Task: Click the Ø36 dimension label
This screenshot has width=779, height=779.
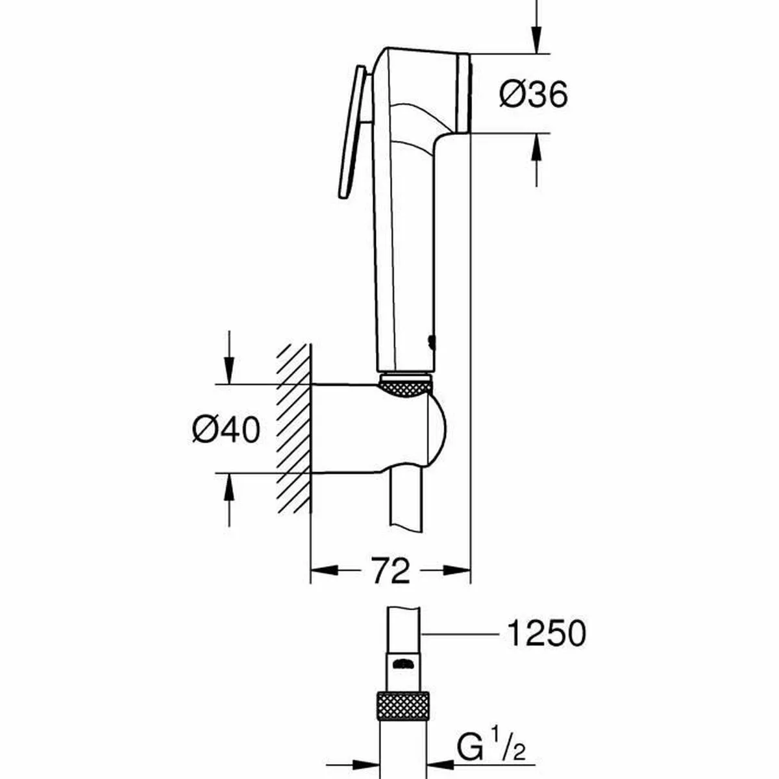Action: click(x=533, y=95)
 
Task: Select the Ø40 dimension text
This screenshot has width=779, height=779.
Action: click(x=226, y=429)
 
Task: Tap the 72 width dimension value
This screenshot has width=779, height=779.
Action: click(x=391, y=571)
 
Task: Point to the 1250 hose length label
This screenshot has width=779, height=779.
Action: click(x=546, y=633)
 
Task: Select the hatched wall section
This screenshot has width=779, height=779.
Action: click(x=294, y=428)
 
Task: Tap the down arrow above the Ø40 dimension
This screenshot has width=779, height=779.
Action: click(x=228, y=367)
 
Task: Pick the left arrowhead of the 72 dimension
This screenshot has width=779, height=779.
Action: click(x=325, y=571)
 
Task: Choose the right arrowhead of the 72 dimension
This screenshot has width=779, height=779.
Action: click(x=457, y=571)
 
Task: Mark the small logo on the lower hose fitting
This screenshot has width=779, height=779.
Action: click(x=403, y=663)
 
